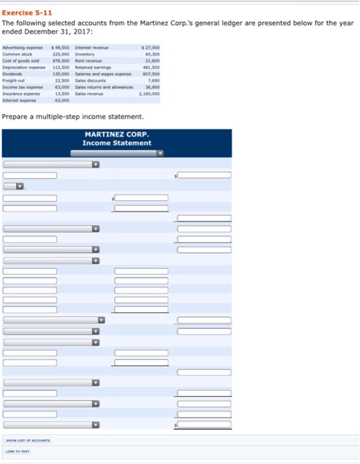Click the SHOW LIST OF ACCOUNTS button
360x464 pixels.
tap(28, 440)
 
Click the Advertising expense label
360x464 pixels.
tap(23, 48)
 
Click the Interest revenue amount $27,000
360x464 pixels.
tap(152, 48)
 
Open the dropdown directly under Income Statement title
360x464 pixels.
tap(117, 152)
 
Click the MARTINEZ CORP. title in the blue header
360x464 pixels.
tap(116, 135)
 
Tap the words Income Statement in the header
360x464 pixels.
tap(116, 143)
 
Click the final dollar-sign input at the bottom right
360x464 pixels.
tap(204, 424)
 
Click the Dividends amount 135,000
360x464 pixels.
tap(61, 74)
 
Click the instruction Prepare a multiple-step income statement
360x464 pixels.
tap(73, 117)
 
